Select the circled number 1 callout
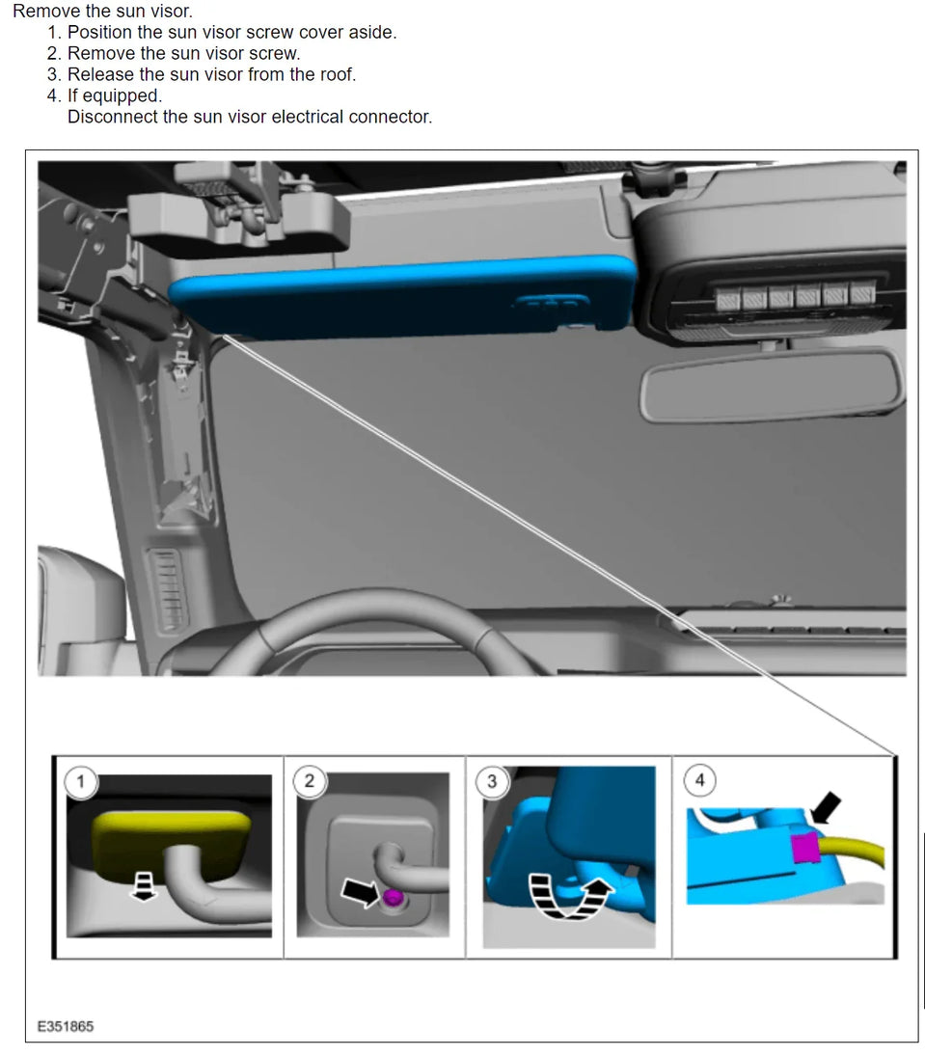click(81, 782)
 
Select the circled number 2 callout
click(310, 780)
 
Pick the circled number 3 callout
click(492, 781)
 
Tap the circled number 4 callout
click(699, 780)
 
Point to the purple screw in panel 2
click(392, 897)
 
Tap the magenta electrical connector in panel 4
click(805, 848)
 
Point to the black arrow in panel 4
click(826, 807)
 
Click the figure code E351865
click(66, 1026)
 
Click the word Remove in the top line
click(41, 11)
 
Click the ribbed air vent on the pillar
click(166, 590)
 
